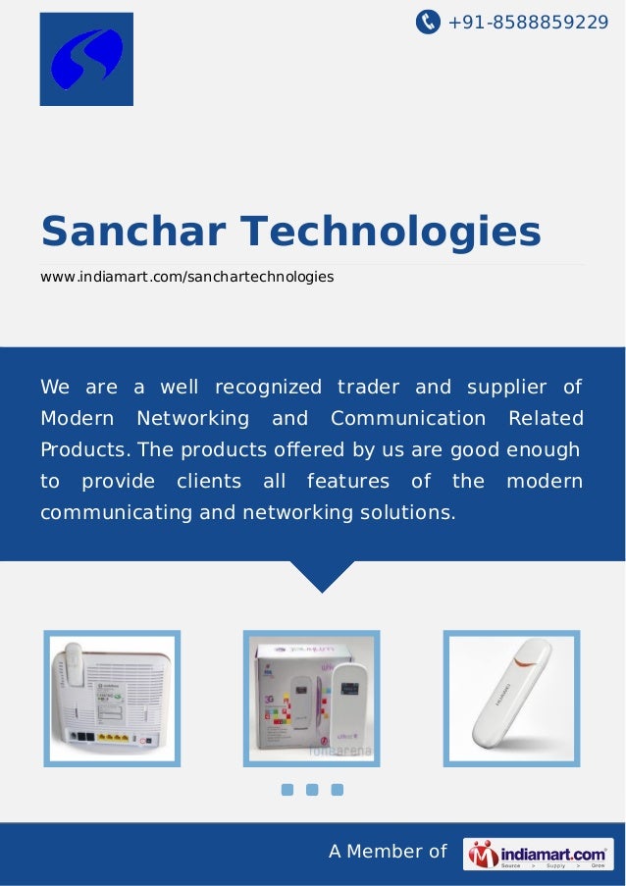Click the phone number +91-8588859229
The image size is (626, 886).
tap(528, 21)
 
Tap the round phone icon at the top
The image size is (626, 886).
tap(428, 21)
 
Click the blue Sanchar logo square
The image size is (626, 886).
tap(86, 59)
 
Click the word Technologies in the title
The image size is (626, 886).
tap(391, 233)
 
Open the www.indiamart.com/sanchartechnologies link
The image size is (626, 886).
tap(186, 278)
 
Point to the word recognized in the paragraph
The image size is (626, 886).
tap(268, 387)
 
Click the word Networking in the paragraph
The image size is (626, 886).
tap(192, 419)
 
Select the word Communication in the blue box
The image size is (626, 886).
tap(408, 419)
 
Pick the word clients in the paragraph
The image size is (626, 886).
tap(209, 481)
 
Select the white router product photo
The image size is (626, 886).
tap(112, 698)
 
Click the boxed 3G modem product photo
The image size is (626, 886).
tap(311, 698)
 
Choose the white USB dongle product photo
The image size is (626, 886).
tap(511, 698)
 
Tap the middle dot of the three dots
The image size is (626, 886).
tap(312, 790)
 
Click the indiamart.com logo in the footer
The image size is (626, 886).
tap(538, 854)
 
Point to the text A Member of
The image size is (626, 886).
tap(388, 852)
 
